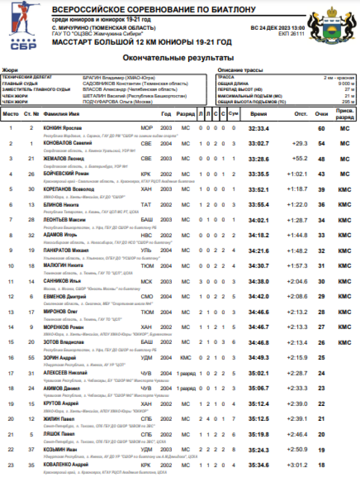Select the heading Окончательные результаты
click(178, 58)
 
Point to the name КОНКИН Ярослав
click(62, 128)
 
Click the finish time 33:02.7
click(259, 144)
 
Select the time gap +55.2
click(300, 159)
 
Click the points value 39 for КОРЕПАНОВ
click(322, 189)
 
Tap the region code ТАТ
click(146, 205)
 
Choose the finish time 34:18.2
click(259, 235)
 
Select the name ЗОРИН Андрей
click(59, 357)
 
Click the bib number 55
click(32, 357)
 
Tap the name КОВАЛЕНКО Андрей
click(67, 465)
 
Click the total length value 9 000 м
click(346, 83)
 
